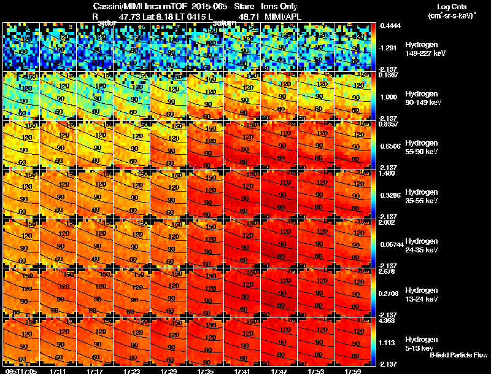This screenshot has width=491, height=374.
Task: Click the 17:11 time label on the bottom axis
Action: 59,371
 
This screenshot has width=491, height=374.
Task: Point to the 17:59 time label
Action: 352,371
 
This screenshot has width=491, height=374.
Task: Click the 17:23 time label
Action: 132,371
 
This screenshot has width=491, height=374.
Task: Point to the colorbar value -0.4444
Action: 390,26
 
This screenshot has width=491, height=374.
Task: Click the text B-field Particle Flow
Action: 458,355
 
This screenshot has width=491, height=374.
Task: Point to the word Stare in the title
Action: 244,6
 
